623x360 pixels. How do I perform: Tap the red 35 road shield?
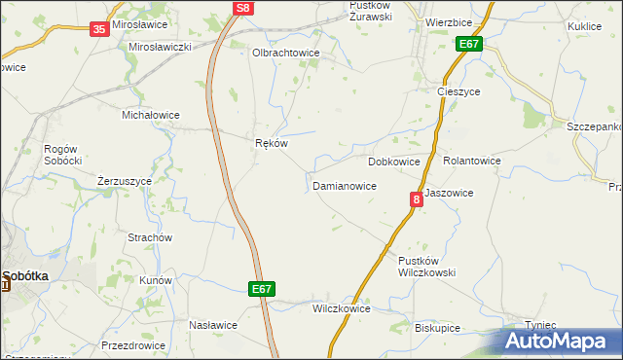click(x=99, y=29)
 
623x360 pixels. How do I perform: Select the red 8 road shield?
click(x=417, y=199)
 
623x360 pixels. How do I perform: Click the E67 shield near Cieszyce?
click(x=469, y=45)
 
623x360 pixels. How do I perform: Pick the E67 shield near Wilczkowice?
click(x=261, y=289)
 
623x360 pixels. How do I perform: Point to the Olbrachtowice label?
click(x=285, y=54)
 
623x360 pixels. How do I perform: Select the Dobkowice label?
click(x=393, y=162)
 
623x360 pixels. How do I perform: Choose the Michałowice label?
click(x=150, y=115)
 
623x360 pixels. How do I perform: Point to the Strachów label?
click(x=150, y=237)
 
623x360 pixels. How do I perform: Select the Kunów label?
click(x=156, y=280)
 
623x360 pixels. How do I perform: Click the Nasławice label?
click(x=213, y=325)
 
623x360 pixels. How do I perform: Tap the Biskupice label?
click(x=437, y=328)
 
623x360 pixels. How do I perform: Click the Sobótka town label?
click(x=30, y=275)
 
